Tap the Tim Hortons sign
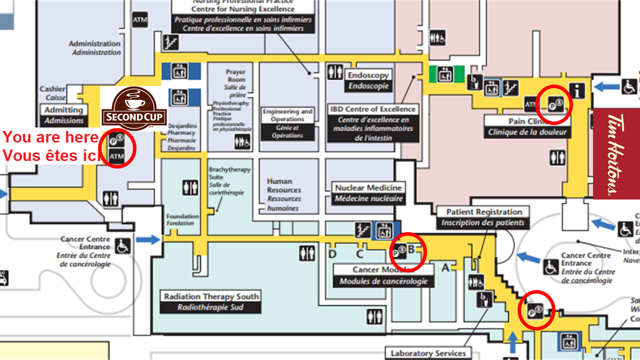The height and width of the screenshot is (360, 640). [x=616, y=154]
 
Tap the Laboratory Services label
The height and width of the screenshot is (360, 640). [x=428, y=353]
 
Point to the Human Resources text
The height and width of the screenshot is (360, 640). [x=283, y=194]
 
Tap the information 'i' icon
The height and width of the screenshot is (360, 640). [x=578, y=91]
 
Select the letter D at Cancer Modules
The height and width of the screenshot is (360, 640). [x=332, y=254]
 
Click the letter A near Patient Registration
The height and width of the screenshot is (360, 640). [x=445, y=267]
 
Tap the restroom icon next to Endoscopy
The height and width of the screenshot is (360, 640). [x=335, y=72]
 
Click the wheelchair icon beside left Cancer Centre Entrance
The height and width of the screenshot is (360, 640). [x=122, y=245]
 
